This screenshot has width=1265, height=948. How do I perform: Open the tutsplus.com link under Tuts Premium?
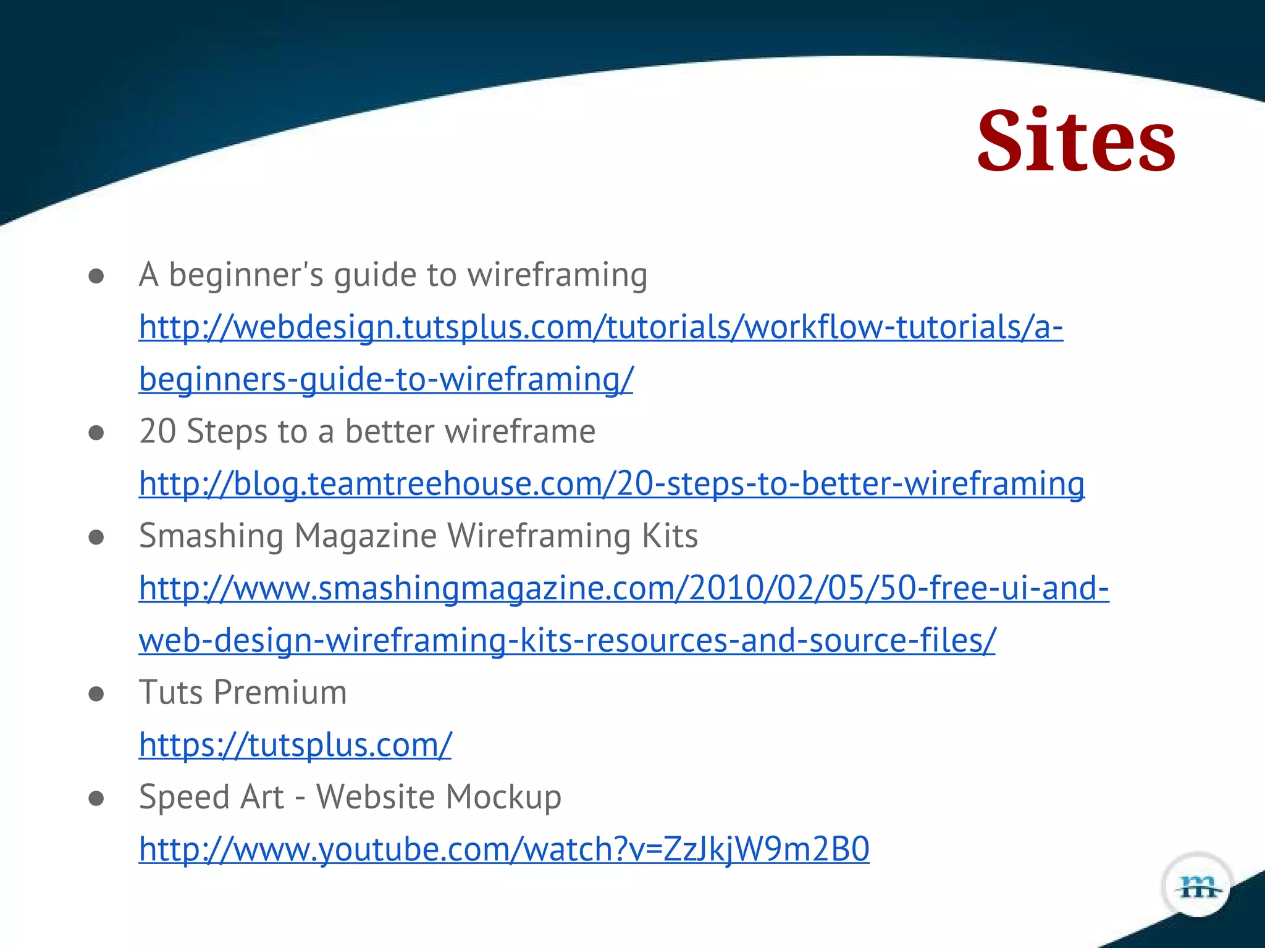295,744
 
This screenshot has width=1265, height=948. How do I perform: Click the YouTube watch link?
504,849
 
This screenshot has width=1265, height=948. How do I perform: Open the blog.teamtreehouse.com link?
611,483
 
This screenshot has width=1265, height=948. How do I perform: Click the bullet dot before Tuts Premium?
96,694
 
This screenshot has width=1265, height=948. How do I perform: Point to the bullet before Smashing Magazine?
96,537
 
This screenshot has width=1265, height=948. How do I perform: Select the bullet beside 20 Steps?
96,433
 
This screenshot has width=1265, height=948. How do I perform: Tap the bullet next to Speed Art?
96,799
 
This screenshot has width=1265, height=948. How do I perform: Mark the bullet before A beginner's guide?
96,276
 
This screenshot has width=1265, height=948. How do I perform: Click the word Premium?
280,692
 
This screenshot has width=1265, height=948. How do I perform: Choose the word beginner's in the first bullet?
246,275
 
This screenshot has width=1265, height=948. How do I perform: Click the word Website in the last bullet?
375,797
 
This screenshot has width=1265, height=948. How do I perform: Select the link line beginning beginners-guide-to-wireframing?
386,379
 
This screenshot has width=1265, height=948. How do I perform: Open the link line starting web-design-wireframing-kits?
567,640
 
